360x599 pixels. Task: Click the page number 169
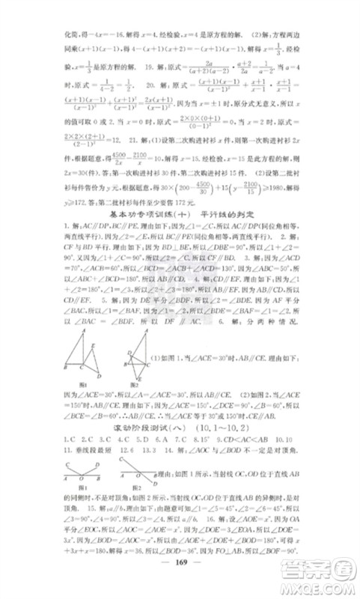[179, 566]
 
